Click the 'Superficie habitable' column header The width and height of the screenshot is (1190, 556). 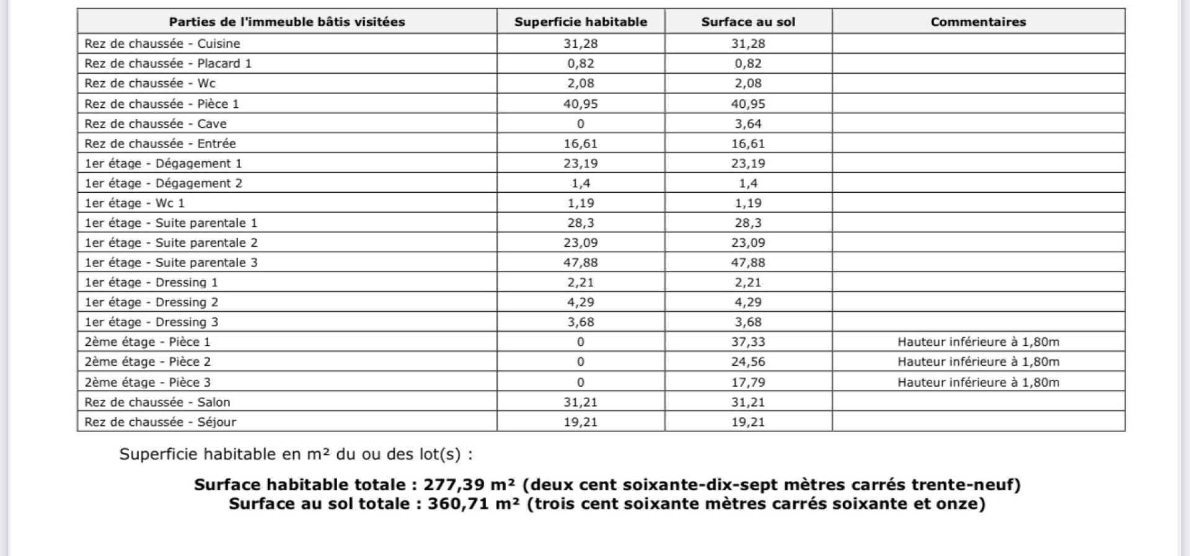pos(581,22)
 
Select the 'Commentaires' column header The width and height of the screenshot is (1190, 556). pos(978,22)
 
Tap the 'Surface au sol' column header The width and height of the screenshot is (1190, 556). pos(748,22)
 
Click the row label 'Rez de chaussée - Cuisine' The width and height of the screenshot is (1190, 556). pos(162,43)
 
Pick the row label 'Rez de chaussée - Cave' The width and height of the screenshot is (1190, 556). pos(156,123)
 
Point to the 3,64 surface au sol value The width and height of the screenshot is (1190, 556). pos(748,123)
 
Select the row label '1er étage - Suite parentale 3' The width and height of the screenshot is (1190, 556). pos(171,262)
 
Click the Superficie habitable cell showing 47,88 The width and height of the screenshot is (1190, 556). pos(581,262)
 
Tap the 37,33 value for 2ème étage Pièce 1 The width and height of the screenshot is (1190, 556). pos(748,342)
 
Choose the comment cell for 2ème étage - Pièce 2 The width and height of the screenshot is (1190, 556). pos(978,361)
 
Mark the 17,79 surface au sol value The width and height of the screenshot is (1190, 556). pos(748,382)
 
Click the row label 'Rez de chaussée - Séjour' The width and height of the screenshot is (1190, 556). pos(161,421)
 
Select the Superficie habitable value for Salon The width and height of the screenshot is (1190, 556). pos(581,402)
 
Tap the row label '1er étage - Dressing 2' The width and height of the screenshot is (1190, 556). pos(152,302)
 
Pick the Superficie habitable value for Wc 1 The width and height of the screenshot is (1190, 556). pos(581,203)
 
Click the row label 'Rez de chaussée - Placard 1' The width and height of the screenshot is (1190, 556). pos(168,63)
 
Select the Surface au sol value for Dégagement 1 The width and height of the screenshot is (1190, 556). pos(748,163)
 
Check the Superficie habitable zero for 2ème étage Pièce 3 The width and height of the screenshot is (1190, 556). pos(581,382)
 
